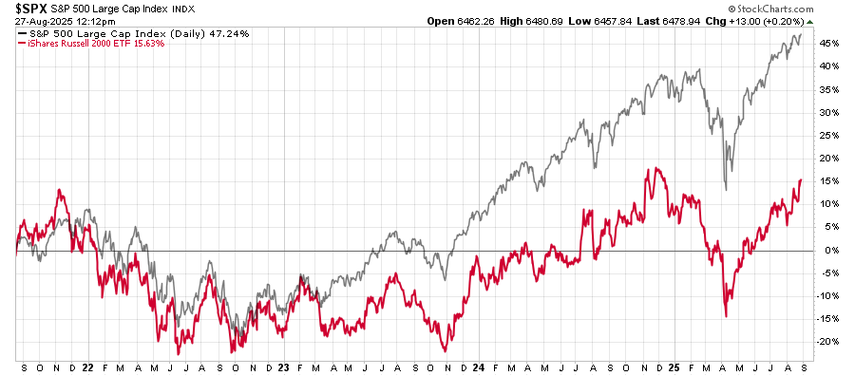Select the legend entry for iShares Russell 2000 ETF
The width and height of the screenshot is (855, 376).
tap(77, 43)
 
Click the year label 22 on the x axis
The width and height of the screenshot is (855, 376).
tap(86, 366)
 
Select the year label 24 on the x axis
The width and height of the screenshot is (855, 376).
tap(480, 366)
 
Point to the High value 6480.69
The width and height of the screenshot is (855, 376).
tap(564, 21)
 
